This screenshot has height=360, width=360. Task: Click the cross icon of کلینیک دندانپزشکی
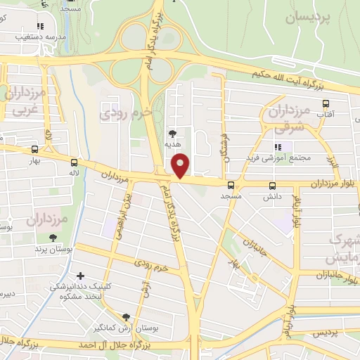82,276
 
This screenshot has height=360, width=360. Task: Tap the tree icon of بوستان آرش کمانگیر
126,318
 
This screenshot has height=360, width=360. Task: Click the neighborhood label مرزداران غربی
25,101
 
